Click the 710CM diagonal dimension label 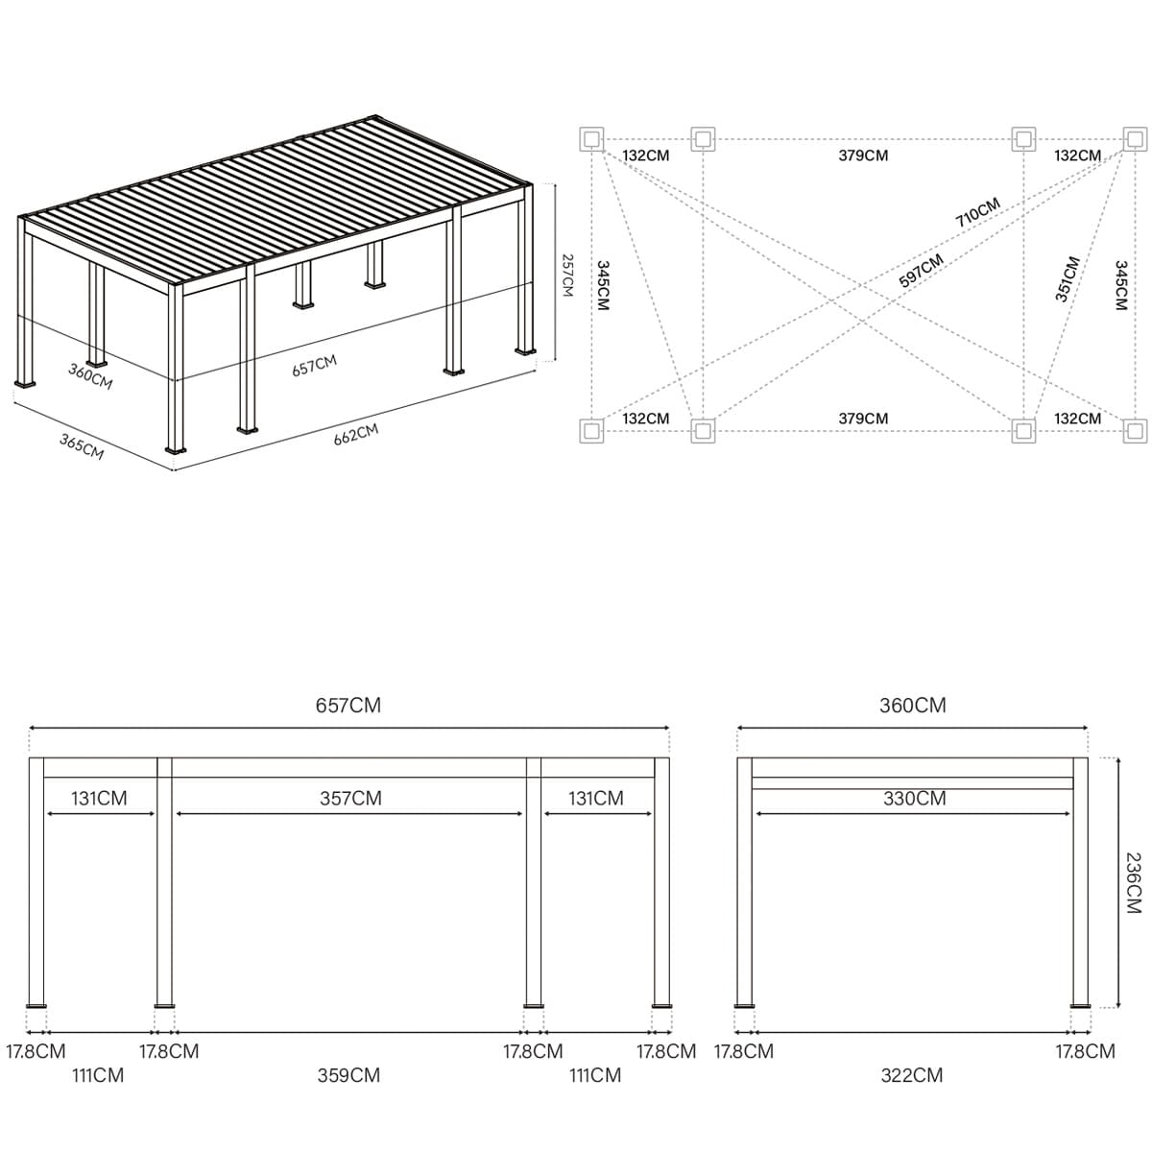tap(977, 213)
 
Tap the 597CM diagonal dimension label tap(921, 270)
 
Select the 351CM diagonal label tap(1068, 279)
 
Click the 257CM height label tap(567, 276)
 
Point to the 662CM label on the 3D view tap(356, 435)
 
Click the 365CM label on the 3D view tap(82, 446)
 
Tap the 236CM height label tap(1134, 883)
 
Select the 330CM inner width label tap(914, 798)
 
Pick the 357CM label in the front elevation tap(350, 798)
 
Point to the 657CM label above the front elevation tap(348, 706)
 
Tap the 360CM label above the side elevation tap(912, 706)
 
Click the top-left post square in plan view tap(591, 139)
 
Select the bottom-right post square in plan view tap(1135, 430)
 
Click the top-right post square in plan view tap(1135, 139)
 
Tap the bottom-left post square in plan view tap(591, 430)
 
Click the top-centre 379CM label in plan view tap(863, 156)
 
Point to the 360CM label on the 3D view tap(90, 376)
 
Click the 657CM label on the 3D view tap(315, 365)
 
